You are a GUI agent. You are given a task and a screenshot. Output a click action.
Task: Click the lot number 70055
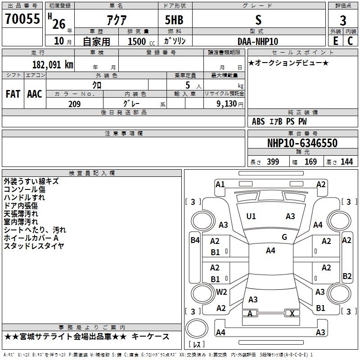(22, 19)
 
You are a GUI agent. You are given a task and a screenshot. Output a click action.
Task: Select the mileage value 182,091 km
(53, 65)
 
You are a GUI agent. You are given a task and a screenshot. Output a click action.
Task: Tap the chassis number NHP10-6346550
(302, 143)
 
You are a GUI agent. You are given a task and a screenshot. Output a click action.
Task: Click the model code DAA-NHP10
(258, 41)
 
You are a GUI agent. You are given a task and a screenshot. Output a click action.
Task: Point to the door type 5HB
(174, 20)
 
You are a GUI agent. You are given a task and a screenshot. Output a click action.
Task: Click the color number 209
(74, 104)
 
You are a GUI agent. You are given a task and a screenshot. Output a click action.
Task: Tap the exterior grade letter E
(336, 41)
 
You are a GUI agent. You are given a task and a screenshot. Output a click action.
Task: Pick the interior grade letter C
(350, 41)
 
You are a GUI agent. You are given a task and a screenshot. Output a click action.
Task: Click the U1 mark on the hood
(251, 216)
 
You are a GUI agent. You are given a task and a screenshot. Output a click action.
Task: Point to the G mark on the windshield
(284, 237)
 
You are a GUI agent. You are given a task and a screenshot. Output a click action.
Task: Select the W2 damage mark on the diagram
(221, 292)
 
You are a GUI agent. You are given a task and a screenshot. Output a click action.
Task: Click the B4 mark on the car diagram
(195, 240)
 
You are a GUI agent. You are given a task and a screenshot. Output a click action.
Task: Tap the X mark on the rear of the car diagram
(292, 313)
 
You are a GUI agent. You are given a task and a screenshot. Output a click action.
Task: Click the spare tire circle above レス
(197, 328)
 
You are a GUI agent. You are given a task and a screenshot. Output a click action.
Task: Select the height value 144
(346, 162)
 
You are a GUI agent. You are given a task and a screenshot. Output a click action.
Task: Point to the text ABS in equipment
(258, 121)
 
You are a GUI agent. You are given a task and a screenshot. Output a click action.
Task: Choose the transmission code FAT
(13, 94)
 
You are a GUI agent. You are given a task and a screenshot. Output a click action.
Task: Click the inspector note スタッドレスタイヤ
(34, 246)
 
